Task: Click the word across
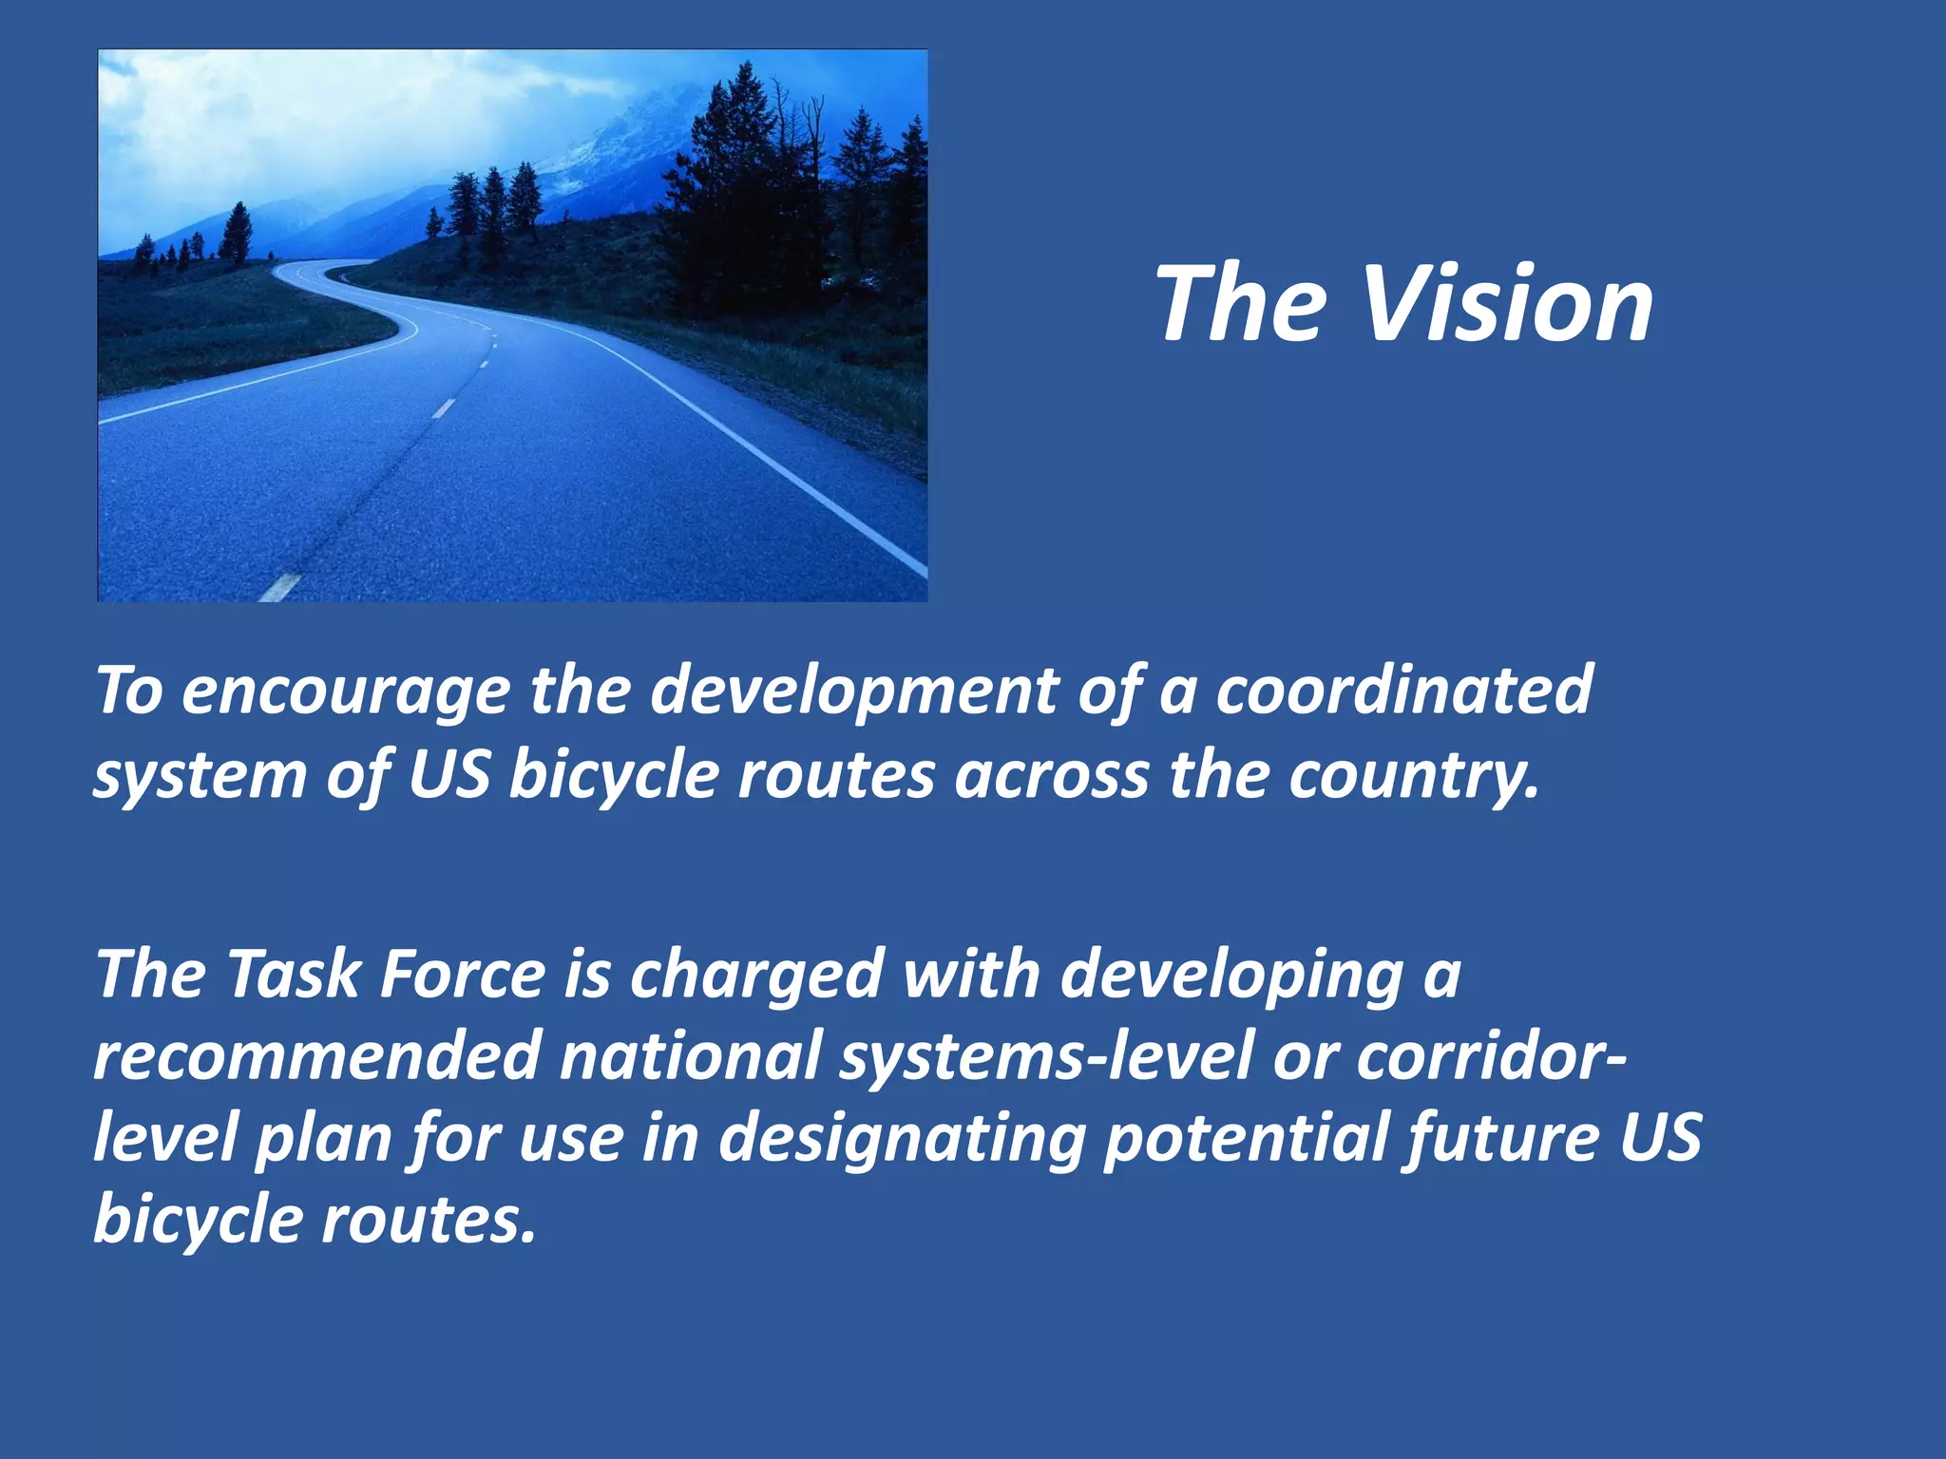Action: coord(1052,775)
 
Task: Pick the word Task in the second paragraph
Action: coord(294,975)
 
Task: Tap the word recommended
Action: coord(316,1056)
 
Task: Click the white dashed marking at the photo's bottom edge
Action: coord(280,587)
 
